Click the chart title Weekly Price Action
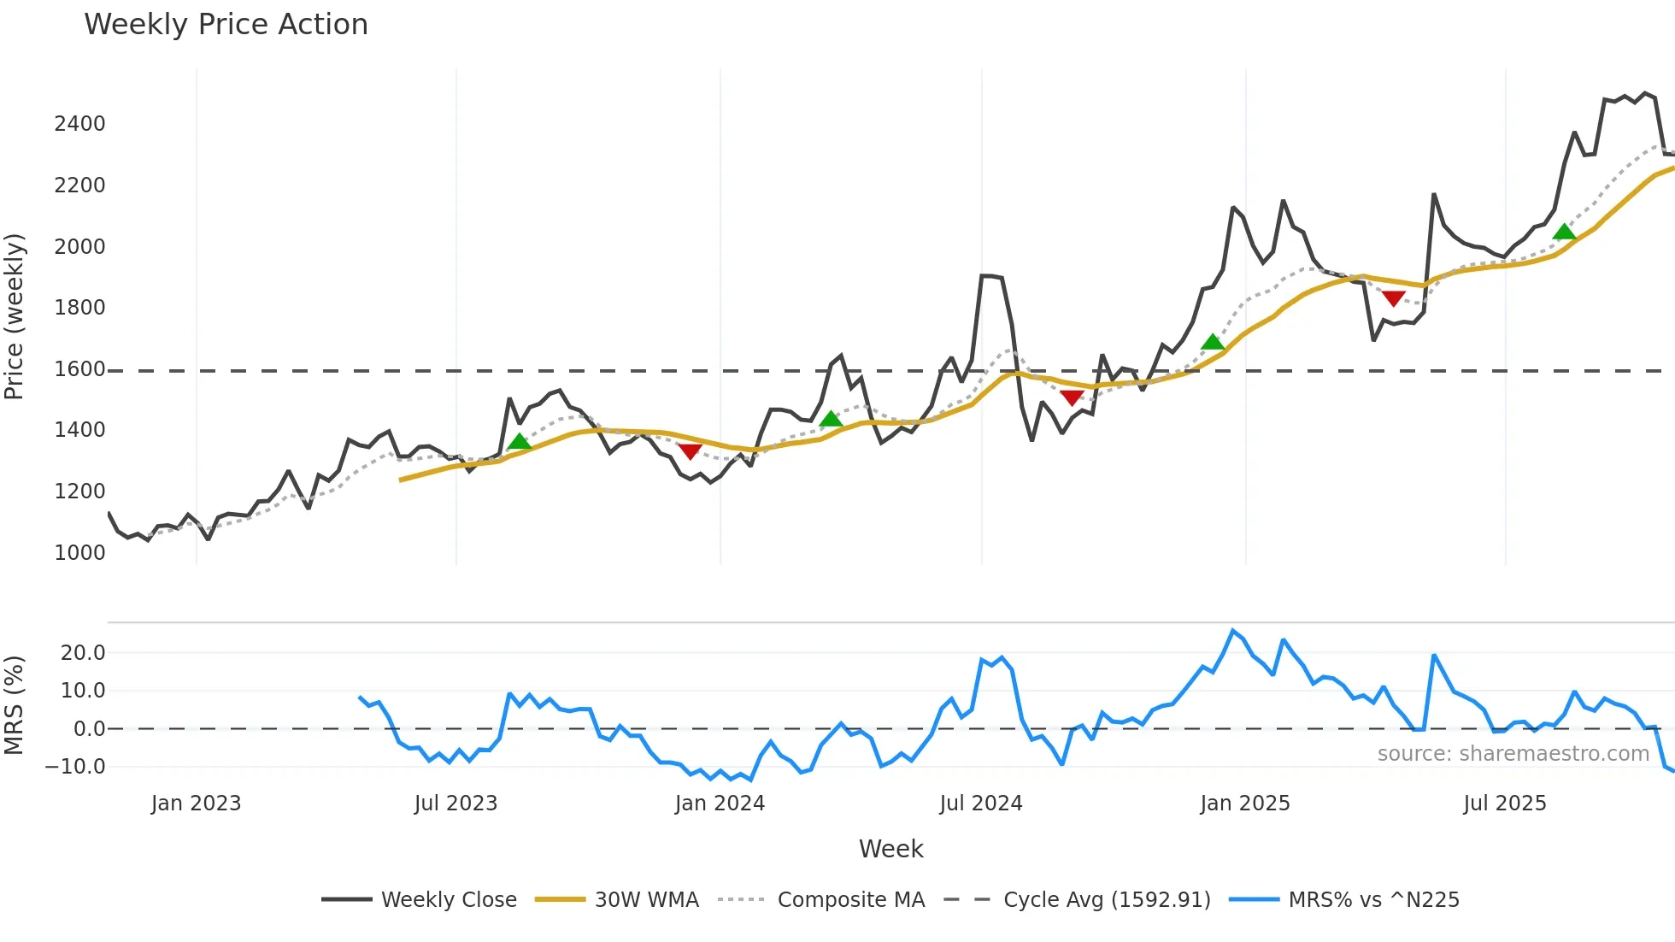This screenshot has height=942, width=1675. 226,25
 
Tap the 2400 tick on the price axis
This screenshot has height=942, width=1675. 79,124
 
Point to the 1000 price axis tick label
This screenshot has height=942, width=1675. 79,553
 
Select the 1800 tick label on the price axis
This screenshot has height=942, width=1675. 79,308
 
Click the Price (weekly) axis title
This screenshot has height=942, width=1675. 15,316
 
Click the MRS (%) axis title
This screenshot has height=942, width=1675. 15,705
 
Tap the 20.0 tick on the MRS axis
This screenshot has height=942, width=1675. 83,653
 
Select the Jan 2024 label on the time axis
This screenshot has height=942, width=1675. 720,804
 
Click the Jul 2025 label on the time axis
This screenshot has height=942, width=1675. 1505,804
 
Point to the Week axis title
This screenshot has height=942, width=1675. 890,849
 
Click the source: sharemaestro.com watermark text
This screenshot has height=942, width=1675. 1513,754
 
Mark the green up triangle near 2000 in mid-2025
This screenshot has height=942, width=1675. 1564,232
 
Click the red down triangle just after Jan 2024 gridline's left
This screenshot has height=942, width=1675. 690,451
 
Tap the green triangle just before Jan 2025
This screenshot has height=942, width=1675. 1212,342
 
